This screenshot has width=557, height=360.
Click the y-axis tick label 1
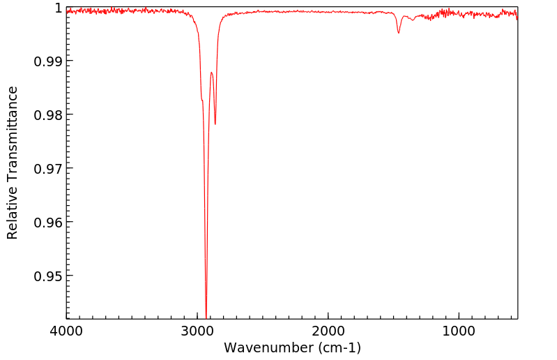(59, 8)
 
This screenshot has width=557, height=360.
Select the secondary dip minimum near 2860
(215, 124)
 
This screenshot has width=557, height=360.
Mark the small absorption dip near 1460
(398, 33)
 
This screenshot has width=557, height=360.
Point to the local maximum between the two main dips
(211, 72)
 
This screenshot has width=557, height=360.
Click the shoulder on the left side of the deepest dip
(202, 100)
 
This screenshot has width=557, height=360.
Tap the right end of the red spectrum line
(517, 17)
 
